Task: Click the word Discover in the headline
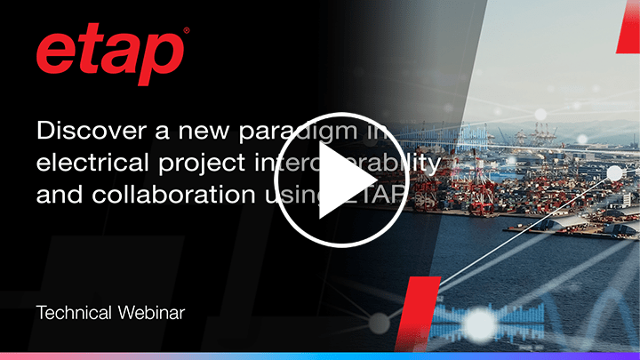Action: (82, 131)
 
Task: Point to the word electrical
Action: (84, 164)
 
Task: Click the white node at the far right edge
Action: (615, 172)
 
